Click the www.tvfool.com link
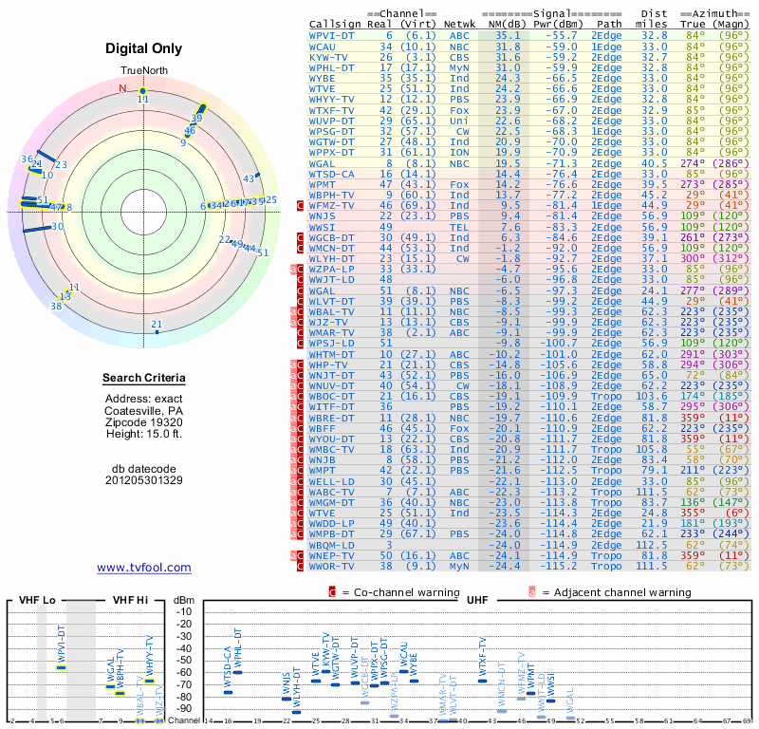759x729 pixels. point(144,568)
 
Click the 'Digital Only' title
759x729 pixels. point(144,48)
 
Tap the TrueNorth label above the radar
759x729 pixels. point(143,71)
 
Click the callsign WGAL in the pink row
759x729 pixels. point(323,163)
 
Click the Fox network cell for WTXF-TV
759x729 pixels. point(460,110)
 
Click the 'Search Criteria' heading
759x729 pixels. point(144,379)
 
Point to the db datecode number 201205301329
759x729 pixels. point(144,480)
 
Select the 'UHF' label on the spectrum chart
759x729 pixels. point(477,601)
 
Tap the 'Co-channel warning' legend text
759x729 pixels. point(401,592)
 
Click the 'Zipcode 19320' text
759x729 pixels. point(144,422)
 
